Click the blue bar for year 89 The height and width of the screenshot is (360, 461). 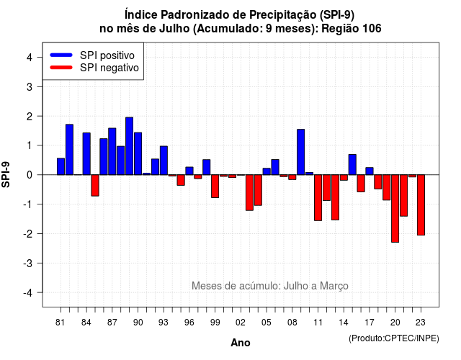click(x=129, y=146)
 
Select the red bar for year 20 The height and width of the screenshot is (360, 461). click(x=395, y=209)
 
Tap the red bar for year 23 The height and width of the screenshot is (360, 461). click(x=421, y=205)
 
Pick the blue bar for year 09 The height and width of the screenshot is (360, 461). click(x=301, y=152)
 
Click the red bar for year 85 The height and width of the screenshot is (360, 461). click(x=95, y=186)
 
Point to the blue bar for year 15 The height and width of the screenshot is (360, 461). click(x=352, y=165)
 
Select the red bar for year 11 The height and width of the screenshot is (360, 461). click(x=318, y=198)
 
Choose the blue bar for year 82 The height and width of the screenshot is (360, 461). click(x=69, y=150)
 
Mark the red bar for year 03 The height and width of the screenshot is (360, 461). click(x=249, y=193)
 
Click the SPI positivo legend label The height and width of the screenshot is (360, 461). click(x=107, y=55)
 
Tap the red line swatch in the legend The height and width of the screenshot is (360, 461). click(x=61, y=68)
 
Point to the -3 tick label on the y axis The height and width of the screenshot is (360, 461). click(x=28, y=263)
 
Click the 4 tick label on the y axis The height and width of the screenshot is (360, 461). click(x=30, y=58)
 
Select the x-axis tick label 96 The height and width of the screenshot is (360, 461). click(x=189, y=323)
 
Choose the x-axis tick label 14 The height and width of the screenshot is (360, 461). click(x=343, y=323)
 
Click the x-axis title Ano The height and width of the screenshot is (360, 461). click(x=241, y=343)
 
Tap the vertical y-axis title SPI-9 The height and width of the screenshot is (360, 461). click(x=6, y=174)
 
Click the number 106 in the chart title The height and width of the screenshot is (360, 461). click(x=372, y=29)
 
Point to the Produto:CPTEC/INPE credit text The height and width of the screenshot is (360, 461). click(x=394, y=338)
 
